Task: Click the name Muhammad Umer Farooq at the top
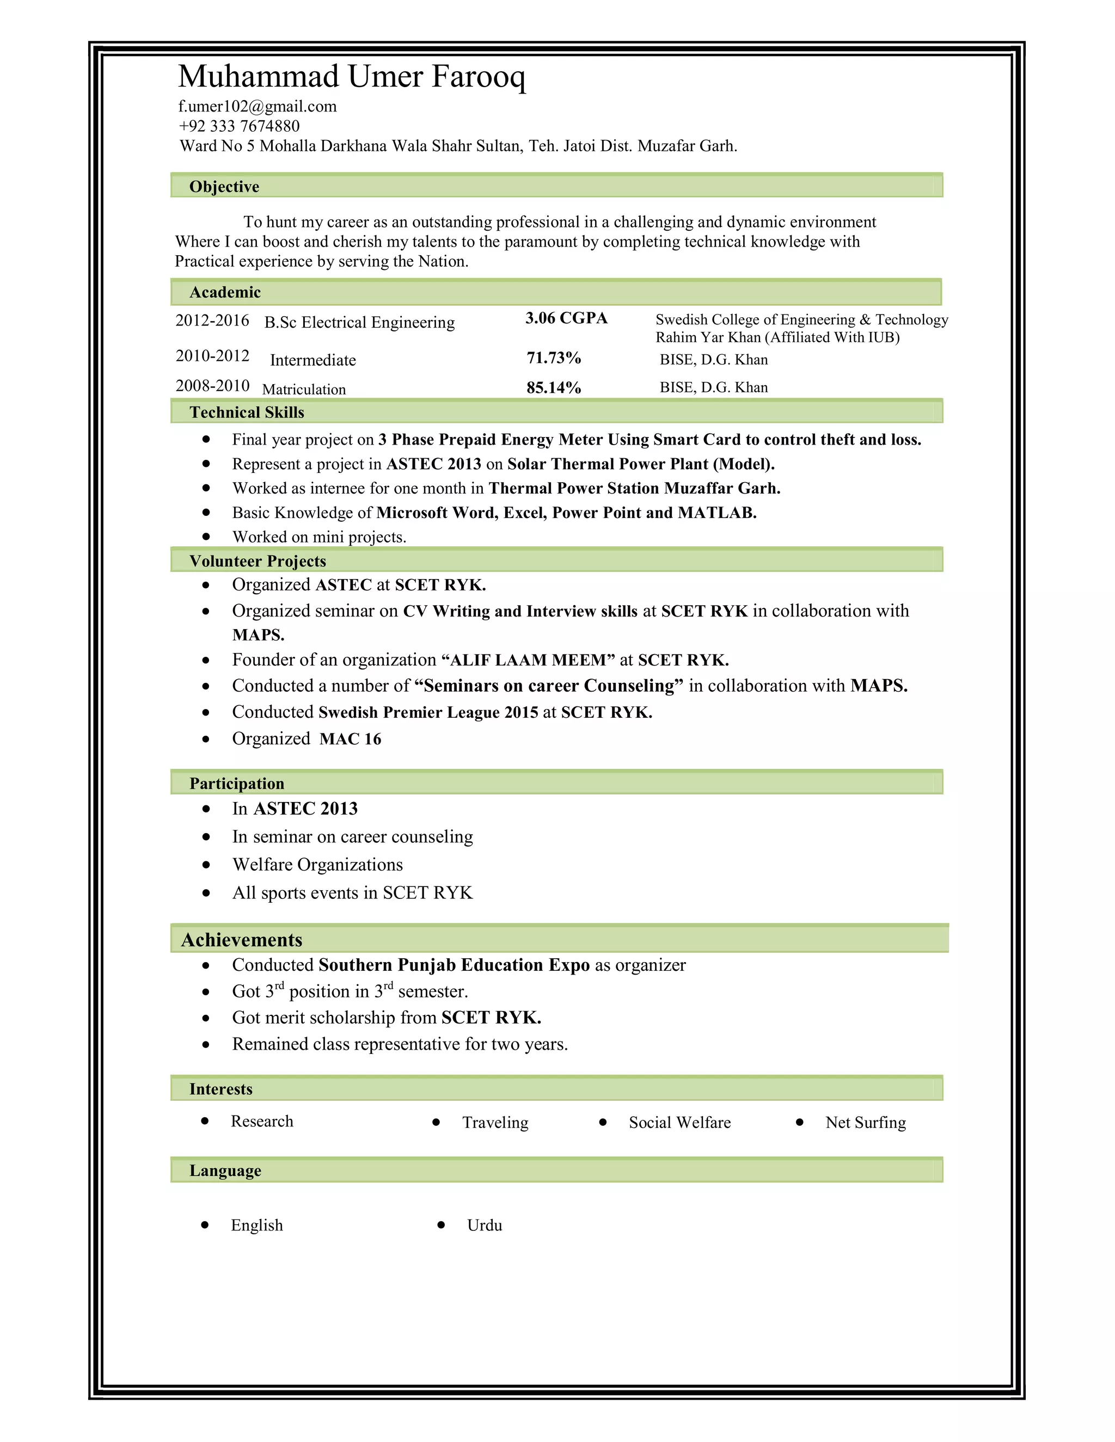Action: pos(351,77)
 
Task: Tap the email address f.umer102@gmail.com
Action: pos(258,106)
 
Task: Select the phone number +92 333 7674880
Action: pos(239,126)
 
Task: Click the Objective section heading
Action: pos(224,187)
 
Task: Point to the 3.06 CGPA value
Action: pos(566,318)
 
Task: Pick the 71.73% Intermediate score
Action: pos(554,358)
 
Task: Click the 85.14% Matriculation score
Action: pos(554,387)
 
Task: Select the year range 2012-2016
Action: pos(212,321)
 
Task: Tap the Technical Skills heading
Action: pos(247,412)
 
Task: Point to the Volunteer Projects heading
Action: pos(258,561)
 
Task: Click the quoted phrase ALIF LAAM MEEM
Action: pos(528,660)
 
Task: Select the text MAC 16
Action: pos(350,739)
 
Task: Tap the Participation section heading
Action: pos(236,784)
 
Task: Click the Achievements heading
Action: pos(242,940)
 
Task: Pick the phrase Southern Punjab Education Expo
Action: pos(454,965)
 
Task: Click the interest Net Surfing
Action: pos(865,1123)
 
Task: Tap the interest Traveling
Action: pos(495,1123)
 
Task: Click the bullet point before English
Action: pos(205,1225)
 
